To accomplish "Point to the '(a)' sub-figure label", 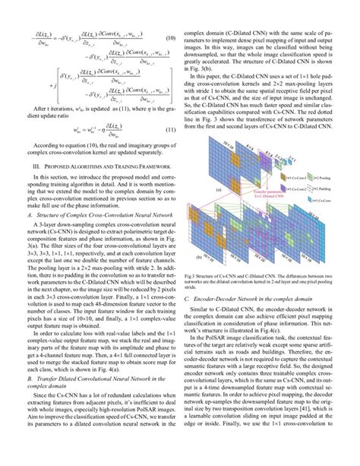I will [x=197, y=190].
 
